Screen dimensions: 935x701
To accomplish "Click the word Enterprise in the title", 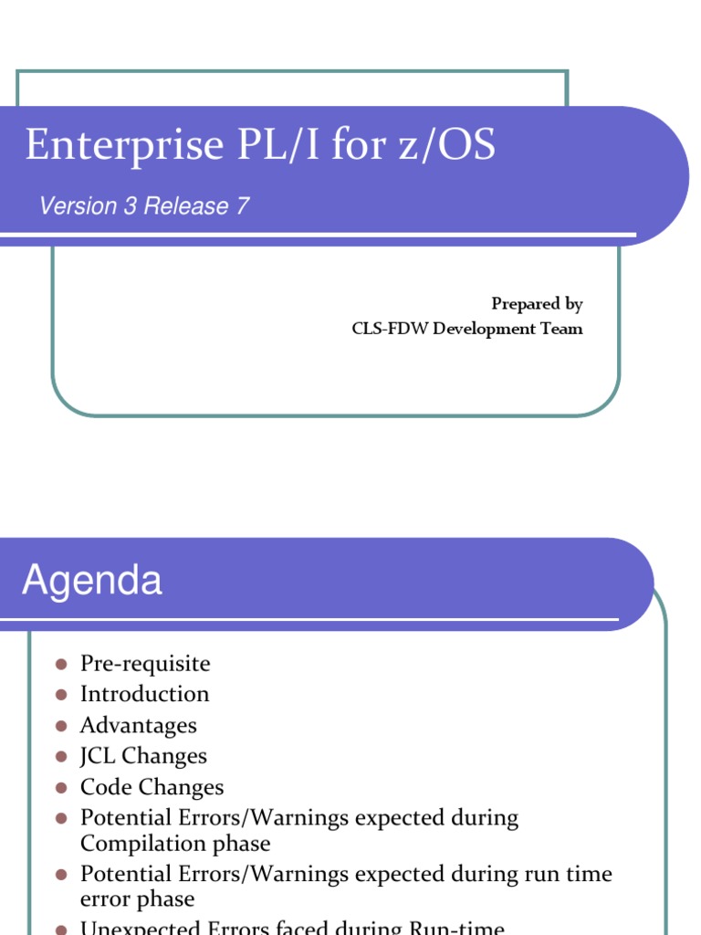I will coord(124,146).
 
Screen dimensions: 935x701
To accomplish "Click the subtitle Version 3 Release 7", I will coord(144,206).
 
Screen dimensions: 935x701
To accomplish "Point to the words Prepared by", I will coord(537,304).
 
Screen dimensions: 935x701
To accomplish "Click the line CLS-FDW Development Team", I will coord(467,329).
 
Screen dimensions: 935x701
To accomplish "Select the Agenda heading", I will coord(92,581).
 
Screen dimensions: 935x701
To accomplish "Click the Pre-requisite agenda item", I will coord(145,664).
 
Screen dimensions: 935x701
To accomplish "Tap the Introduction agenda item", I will coord(144,694).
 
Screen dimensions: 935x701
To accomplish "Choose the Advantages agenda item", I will coord(138,725).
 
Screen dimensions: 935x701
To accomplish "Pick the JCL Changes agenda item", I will coord(143,756).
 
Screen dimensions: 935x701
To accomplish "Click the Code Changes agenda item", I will coord(152,787).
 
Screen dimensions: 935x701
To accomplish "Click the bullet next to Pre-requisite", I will coord(62,664).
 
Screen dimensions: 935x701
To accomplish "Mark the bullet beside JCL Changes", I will coord(62,756).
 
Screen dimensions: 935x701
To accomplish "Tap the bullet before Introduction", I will coord(62,695).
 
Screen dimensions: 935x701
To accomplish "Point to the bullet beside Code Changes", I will coord(62,787).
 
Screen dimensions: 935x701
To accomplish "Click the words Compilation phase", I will coord(175,843).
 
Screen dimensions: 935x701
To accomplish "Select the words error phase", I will coord(137,898).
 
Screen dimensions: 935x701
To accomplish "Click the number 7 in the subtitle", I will coord(243,206).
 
